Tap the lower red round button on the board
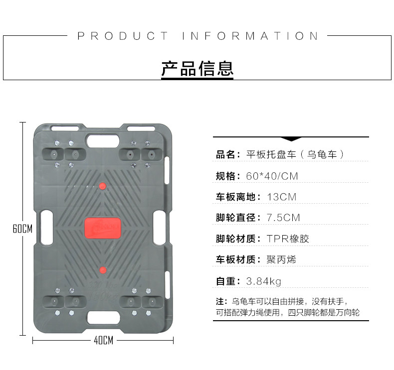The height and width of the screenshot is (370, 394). (103, 270)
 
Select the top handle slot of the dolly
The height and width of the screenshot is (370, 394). (103, 139)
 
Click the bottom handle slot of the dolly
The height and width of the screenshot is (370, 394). (103, 317)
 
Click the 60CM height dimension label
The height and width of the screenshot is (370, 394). (22, 229)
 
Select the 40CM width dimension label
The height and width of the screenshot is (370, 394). (103, 341)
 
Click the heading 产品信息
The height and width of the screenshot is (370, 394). (197, 69)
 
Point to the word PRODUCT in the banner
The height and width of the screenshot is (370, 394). (123, 36)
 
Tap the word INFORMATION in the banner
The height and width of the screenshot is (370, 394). (250, 36)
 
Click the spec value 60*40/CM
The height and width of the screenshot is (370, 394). (272, 176)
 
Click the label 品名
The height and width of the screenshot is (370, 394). (225, 155)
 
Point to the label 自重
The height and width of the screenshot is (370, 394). (225, 281)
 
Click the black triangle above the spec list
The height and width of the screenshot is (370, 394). (291, 139)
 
